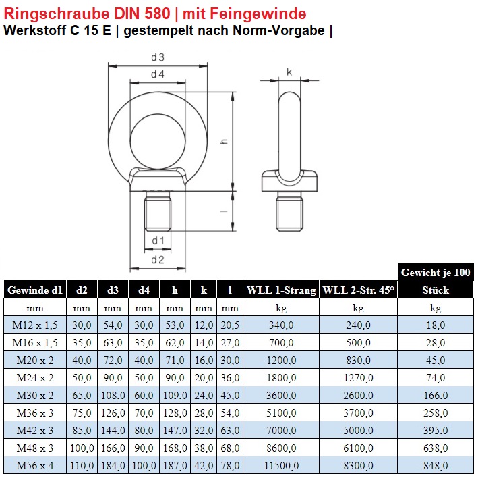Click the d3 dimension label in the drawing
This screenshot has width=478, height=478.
pos(157,58)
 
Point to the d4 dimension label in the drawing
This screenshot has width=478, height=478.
pos(157,74)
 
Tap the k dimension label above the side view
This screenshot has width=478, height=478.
pos(289,72)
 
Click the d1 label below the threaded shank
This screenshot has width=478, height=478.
pos(157,240)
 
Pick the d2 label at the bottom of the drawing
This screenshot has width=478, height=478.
pos(157,259)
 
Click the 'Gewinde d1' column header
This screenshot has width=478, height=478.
pos(34,290)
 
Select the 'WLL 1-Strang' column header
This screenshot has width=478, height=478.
pos(281,290)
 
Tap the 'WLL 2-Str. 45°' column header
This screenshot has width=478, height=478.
pos(358,290)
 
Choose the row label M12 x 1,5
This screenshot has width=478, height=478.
pos(34,325)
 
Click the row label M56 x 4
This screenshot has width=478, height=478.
pos(34,465)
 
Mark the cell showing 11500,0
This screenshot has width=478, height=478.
pos(281,465)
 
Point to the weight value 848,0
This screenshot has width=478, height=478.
pos(436,465)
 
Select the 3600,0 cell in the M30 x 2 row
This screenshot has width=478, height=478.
pos(281,395)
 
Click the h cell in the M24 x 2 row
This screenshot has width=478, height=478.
pos(175,377)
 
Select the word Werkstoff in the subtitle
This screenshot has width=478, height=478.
pos(34,30)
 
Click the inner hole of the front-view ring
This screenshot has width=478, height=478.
pos(157,130)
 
